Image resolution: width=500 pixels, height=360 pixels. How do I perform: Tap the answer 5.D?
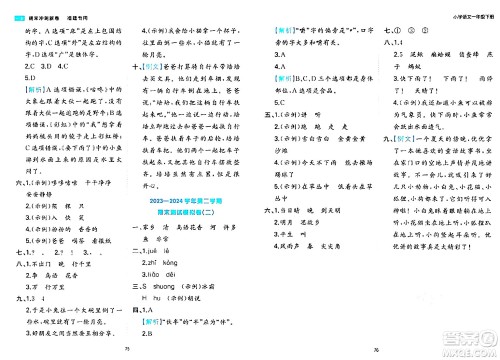pos(29,76)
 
